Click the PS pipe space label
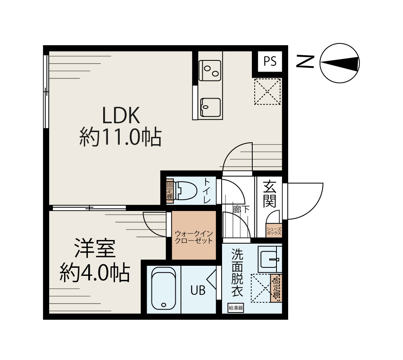pyautogui.click(x=270, y=61)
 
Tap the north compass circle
pyautogui.click(x=339, y=64)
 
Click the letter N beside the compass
pyautogui.click(x=305, y=61)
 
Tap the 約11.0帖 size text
pyautogui.click(x=120, y=138)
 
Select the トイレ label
pyautogui.click(x=207, y=190)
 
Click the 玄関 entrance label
pyautogui.click(x=269, y=194)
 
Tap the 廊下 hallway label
pyautogui.click(x=241, y=209)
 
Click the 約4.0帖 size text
pyautogui.click(x=95, y=273)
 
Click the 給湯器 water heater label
pyautogui.click(x=236, y=308)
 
